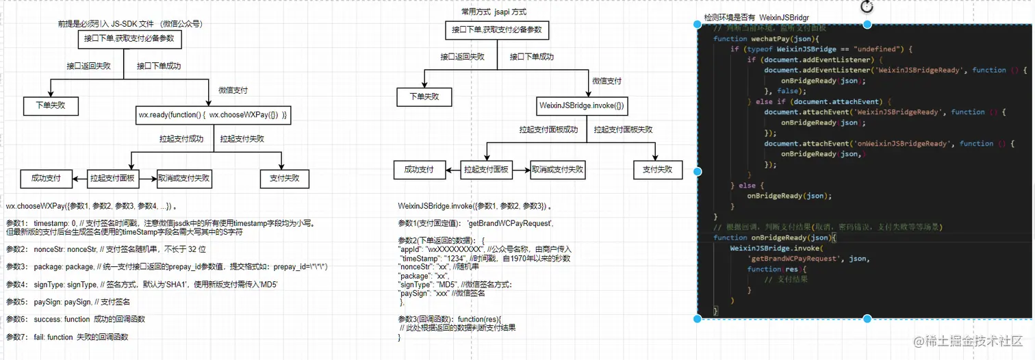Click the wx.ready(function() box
click(214, 116)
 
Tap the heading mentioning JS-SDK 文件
click(130, 24)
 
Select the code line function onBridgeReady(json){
click(771, 237)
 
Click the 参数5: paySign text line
click(68, 302)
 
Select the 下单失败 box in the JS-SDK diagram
click(49, 106)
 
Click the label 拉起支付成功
click(181, 138)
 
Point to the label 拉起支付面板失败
click(623, 129)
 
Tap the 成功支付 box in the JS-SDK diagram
click(46, 179)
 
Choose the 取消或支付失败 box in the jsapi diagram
click(557, 170)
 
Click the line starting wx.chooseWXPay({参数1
click(92, 205)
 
